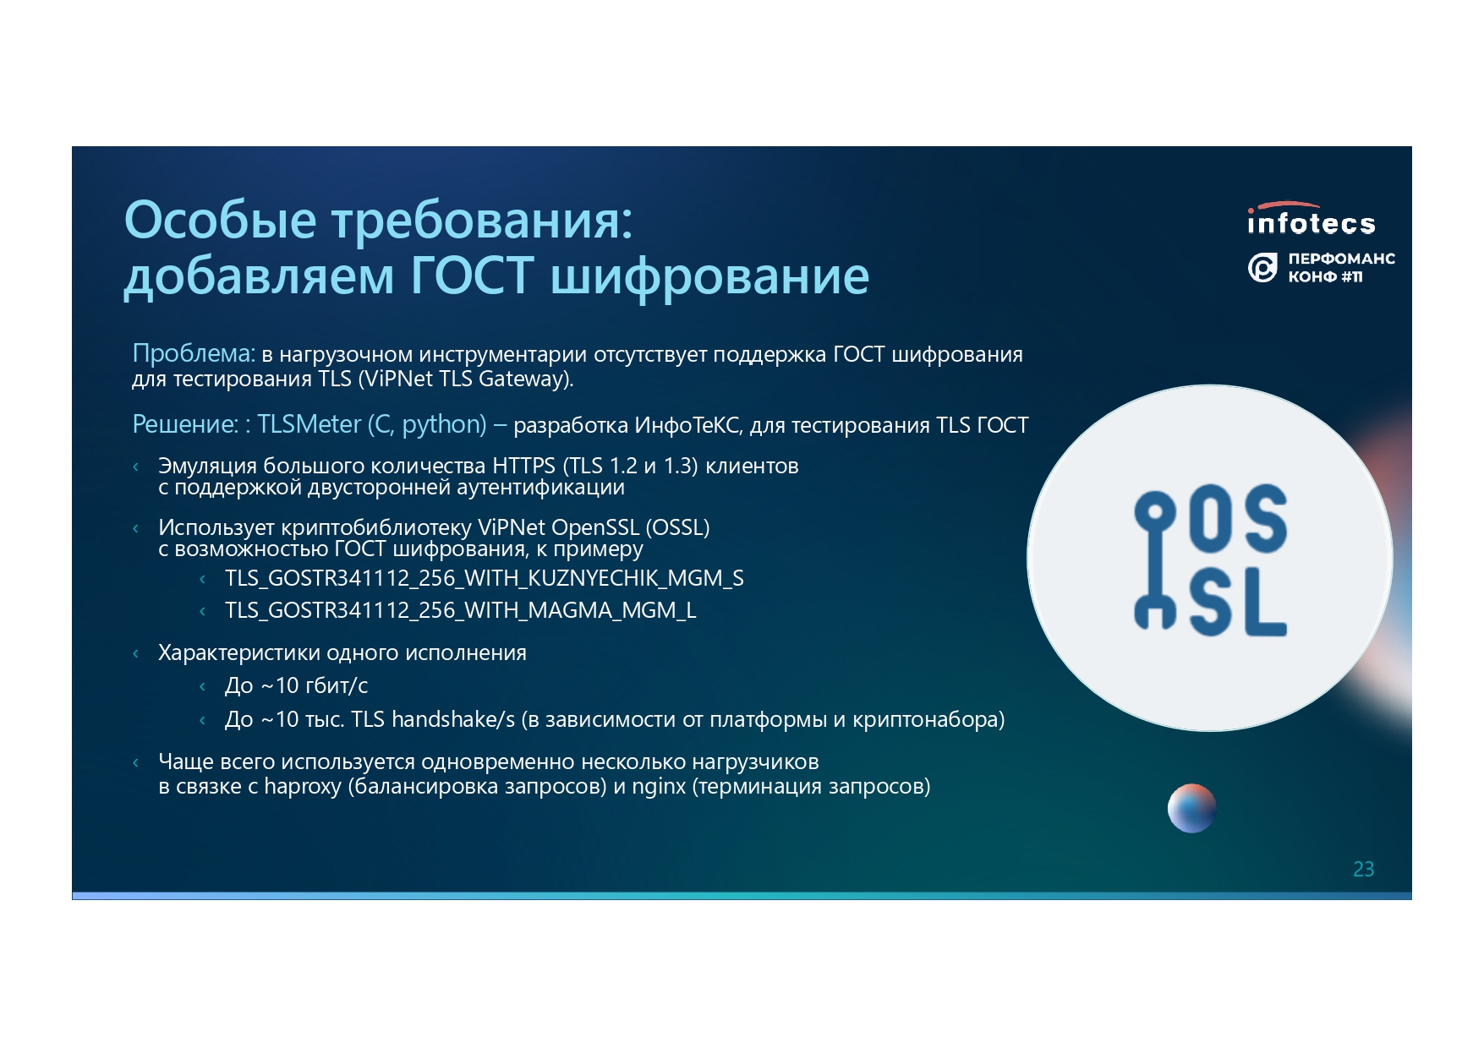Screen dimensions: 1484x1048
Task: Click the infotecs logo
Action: (1311, 219)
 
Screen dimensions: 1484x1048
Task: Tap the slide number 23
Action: (1363, 869)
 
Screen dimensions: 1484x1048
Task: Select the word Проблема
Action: (194, 353)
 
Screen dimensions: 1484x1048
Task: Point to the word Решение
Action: (185, 424)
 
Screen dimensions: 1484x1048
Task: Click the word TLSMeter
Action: (309, 424)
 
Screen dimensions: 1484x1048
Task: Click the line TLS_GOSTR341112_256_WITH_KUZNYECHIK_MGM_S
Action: (485, 578)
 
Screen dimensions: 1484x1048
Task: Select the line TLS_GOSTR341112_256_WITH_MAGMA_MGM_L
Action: (461, 610)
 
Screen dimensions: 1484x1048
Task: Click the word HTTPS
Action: (523, 466)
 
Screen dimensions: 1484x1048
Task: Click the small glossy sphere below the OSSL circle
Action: (1191, 809)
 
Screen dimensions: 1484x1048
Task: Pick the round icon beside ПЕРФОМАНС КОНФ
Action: (1262, 268)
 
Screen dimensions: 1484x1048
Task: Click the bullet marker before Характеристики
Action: (136, 653)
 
